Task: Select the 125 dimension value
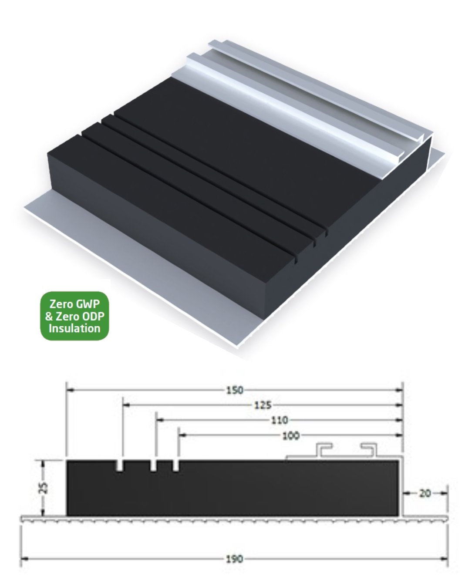[262, 405]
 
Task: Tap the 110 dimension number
[280, 420]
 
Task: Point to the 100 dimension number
[290, 435]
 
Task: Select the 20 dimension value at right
[425, 493]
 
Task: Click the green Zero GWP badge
[74, 316]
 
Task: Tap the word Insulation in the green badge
[74, 328]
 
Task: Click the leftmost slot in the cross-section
[120, 465]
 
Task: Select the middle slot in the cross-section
[154, 465]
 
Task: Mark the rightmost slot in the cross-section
[176, 465]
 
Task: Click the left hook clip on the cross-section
[324, 450]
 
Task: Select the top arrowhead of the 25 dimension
[43, 463]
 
